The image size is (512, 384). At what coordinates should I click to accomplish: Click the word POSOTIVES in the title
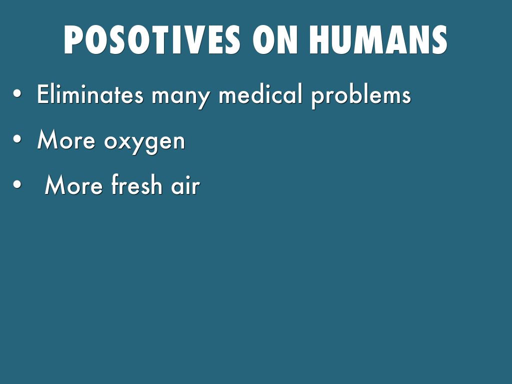tap(152, 39)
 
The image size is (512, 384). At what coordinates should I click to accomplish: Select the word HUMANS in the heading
tap(378, 39)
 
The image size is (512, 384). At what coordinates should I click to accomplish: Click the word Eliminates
tap(90, 94)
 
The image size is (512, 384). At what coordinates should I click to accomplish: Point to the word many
tap(180, 97)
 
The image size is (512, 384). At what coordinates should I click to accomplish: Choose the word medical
tap(260, 94)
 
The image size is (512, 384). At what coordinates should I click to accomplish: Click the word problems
tap(361, 96)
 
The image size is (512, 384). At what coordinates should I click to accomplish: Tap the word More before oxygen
tap(66, 139)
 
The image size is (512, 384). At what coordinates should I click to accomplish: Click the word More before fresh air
tap(74, 185)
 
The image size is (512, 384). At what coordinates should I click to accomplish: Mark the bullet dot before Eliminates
tap(17, 93)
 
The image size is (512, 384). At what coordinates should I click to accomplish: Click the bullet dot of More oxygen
tap(17, 139)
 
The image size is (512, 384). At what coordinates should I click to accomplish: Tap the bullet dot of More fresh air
tap(17, 184)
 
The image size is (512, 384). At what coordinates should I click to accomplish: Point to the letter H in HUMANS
tap(320, 39)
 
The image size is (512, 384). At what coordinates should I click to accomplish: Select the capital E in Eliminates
tap(43, 94)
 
